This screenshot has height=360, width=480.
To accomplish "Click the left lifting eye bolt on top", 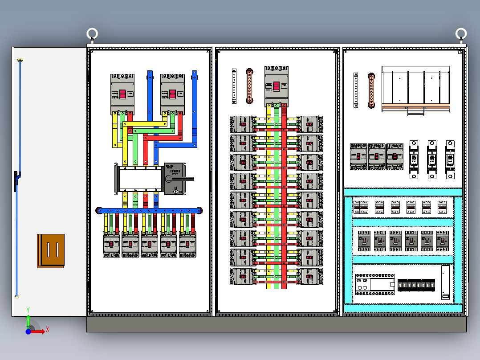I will pyautogui.click(x=92, y=34).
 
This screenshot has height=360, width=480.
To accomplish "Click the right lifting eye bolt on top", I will pyautogui.click(x=461, y=33).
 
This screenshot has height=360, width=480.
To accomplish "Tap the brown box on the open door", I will pyautogui.click(x=51, y=251).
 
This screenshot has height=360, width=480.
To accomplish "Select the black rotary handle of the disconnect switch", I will pyautogui.click(x=181, y=179).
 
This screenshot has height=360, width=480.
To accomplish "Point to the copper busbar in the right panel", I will pyautogui.click(x=371, y=90).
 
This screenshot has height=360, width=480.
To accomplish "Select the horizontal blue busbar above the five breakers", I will pyautogui.click(x=149, y=210).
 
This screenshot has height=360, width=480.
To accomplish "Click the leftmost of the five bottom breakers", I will pyautogui.click(x=112, y=244).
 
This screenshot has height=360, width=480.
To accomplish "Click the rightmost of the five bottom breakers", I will pyautogui.click(x=188, y=244).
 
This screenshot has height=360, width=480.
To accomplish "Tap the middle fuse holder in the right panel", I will pyautogui.click(x=432, y=160).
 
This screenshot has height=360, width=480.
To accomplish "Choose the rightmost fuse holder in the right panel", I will pyautogui.click(x=450, y=160).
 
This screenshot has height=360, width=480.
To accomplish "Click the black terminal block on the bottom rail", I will pyautogui.click(x=416, y=285).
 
